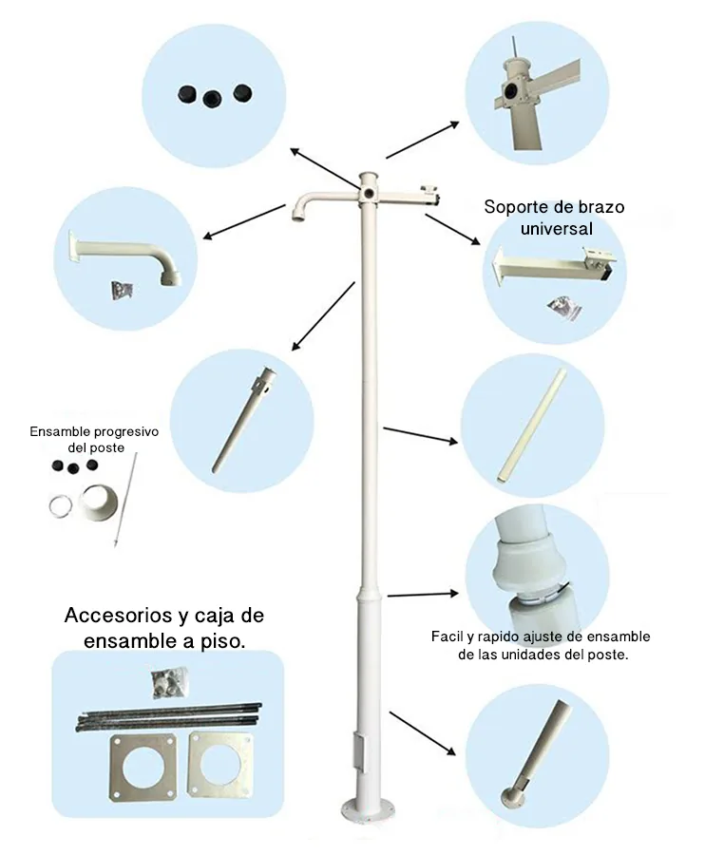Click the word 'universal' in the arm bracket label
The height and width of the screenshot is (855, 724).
click(x=556, y=228)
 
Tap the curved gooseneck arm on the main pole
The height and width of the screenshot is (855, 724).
click(x=323, y=202)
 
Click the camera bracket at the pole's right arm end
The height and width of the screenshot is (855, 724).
click(x=429, y=194)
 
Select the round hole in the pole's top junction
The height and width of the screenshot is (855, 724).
click(x=371, y=193)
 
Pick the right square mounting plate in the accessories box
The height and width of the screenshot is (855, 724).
click(x=220, y=765)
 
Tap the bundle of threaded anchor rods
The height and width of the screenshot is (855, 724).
click(x=168, y=716)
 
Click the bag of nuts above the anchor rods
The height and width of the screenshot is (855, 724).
click(x=168, y=684)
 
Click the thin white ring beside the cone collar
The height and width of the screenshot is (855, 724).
click(x=61, y=505)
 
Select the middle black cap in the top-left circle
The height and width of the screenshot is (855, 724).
click(x=212, y=98)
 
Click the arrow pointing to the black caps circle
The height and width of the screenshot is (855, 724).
click(x=325, y=168)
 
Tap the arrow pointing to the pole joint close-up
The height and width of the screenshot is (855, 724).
click(x=423, y=595)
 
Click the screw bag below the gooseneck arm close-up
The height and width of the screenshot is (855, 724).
click(x=123, y=290)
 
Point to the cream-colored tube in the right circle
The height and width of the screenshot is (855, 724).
click(x=531, y=427)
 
